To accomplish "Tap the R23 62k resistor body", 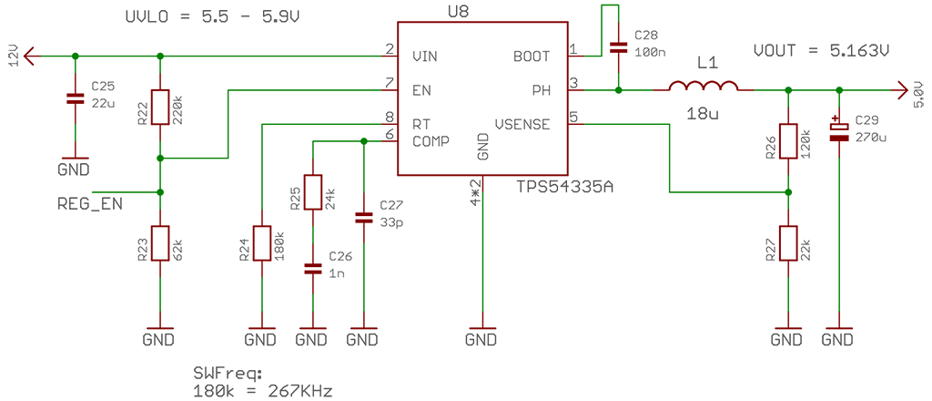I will [160, 242].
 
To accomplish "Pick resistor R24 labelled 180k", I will [262, 243].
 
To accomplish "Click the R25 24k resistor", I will [312, 192].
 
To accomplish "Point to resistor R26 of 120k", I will [788, 141].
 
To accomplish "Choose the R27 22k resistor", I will [788, 243].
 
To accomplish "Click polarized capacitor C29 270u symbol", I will [839, 131].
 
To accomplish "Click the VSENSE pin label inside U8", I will [522, 124].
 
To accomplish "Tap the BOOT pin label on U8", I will [532, 57].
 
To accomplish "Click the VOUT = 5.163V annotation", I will [820, 51].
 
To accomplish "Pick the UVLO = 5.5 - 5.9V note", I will [201, 17].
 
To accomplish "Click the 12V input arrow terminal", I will [30, 57].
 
